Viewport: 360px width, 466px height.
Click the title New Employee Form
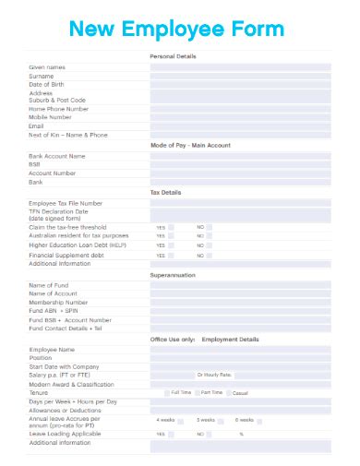tap(178, 30)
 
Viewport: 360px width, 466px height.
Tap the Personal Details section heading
tap(173, 57)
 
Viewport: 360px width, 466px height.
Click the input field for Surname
tap(240, 76)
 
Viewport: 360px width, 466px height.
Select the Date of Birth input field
tap(240, 84)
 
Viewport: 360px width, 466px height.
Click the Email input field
tap(240, 126)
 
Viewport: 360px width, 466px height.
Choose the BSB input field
tap(240, 164)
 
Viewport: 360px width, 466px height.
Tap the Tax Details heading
tap(166, 192)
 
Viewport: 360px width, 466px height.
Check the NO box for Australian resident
tap(210, 235)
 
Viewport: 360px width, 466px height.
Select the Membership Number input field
tap(240, 302)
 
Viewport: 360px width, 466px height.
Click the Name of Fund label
tap(49, 285)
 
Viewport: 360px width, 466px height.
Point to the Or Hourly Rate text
tap(214, 375)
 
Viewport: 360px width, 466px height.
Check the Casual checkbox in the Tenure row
tap(229, 392)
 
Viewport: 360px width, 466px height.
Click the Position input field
tap(240, 358)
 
